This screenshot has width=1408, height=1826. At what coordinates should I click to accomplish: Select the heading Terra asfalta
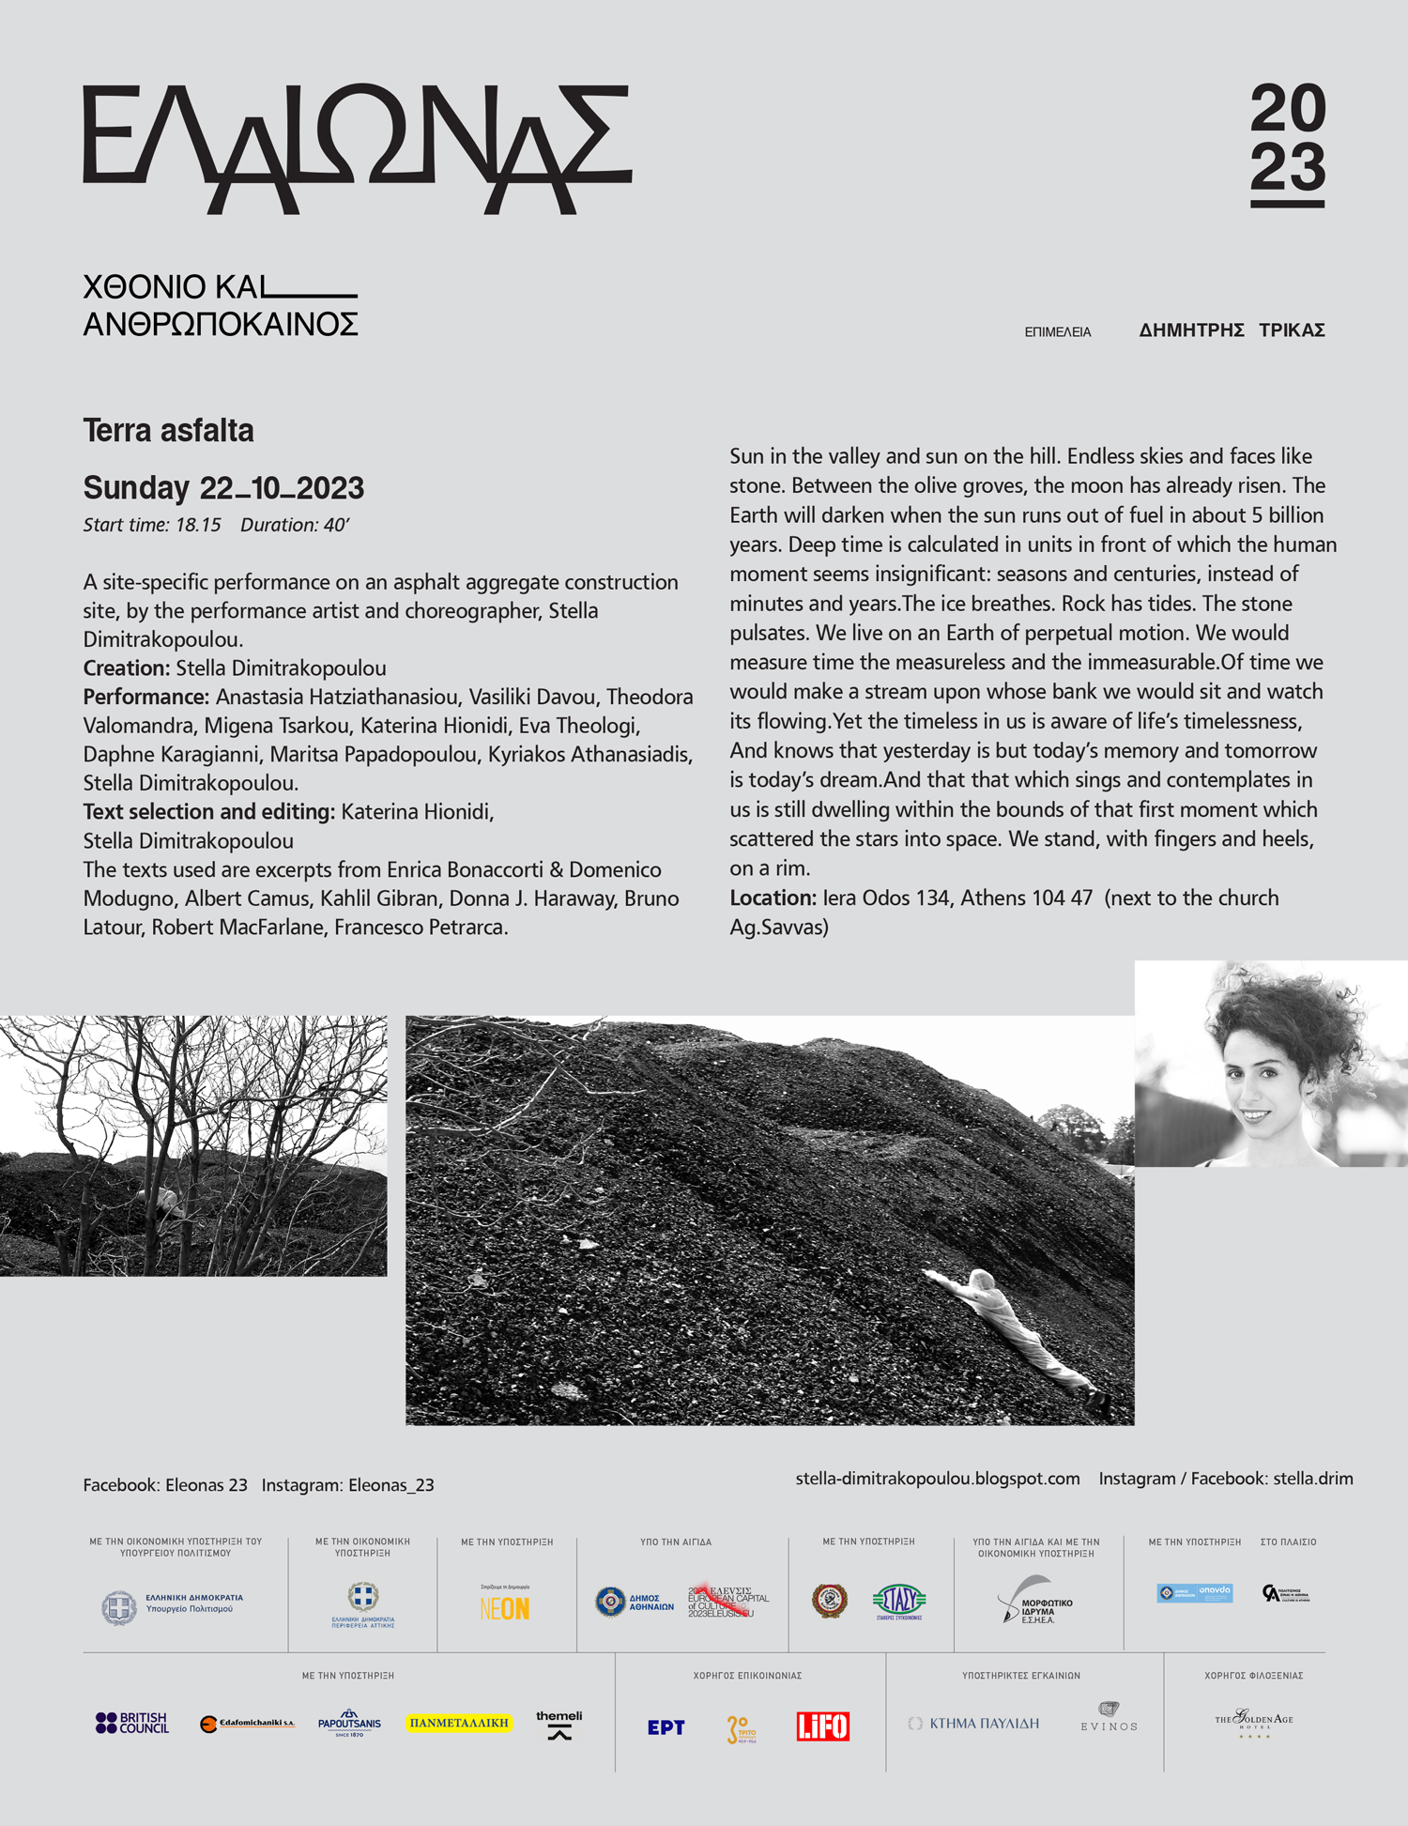pos(169,431)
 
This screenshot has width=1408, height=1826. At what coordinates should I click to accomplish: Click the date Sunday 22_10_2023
pos(223,488)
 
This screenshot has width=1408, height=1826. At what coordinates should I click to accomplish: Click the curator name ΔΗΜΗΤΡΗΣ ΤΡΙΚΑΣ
pos(1232,330)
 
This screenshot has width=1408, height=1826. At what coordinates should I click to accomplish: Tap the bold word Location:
pos(773,898)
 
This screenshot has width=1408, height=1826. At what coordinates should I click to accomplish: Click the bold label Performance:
pos(145,698)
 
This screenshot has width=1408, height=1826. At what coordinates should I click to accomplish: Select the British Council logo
pos(132,1723)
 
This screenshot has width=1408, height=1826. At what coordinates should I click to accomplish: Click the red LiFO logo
pos(822,1726)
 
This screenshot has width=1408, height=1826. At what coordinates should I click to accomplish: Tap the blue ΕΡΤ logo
pos(666,1727)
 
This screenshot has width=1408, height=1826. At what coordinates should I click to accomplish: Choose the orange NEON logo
pos(505,1608)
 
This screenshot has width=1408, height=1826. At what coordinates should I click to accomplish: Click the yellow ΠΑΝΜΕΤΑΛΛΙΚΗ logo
pos(459,1723)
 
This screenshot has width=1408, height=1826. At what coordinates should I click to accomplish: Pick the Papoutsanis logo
pos(349,1723)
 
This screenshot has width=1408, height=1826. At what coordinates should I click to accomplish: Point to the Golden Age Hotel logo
pos(1254,1721)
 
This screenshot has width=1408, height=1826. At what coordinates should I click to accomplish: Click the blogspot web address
pos(937,1479)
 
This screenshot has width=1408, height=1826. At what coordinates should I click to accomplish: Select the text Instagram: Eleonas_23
pos(347,1485)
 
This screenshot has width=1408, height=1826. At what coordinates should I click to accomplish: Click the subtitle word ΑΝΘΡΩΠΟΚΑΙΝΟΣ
pos(221,325)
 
